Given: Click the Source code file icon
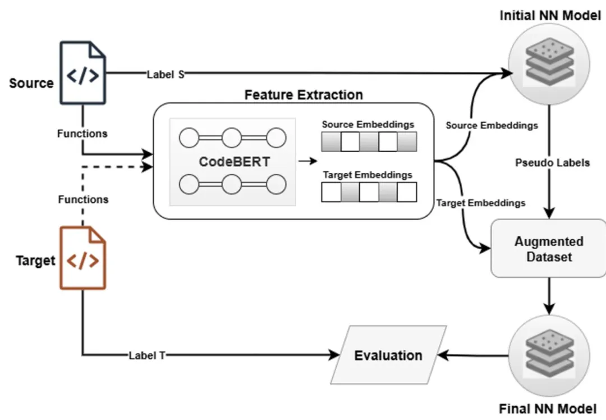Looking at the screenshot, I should [82, 75].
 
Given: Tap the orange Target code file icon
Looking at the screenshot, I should [82, 258].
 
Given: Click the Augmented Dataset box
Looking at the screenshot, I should [549, 249].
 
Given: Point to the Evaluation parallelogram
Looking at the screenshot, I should [388, 355].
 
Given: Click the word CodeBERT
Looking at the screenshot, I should [235, 162].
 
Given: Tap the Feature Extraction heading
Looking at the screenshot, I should [304, 94].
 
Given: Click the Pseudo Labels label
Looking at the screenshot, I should [553, 163].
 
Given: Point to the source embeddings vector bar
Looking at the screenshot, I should [369, 141].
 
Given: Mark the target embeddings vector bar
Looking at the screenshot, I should [369, 192].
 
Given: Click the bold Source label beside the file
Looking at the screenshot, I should [31, 83].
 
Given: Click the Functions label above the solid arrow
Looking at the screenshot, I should [82, 134].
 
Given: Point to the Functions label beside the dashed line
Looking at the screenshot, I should [83, 199].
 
